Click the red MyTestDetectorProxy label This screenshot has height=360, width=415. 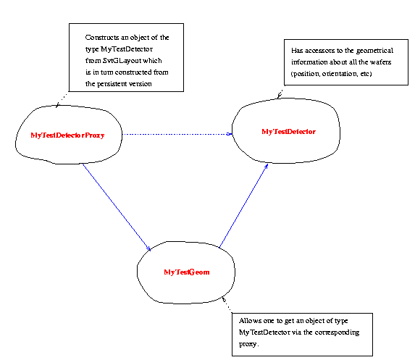click(x=67, y=135)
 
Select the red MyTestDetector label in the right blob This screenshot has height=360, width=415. click(x=288, y=132)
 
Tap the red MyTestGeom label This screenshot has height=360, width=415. click(x=187, y=272)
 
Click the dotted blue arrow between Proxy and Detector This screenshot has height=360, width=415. click(x=177, y=134)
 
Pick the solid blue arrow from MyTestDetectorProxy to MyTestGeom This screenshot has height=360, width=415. click(x=117, y=207)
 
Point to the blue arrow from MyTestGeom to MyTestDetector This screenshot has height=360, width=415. click(x=244, y=206)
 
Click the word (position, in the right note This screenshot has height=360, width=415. click(x=306, y=74)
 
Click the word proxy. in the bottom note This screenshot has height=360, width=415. click(x=249, y=344)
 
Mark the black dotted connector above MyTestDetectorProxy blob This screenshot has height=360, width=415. click(x=62, y=99)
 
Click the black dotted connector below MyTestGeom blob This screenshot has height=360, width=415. click(x=227, y=304)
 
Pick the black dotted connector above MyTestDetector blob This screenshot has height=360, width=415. click(x=280, y=94)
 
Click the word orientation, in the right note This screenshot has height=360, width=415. click(x=339, y=74)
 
